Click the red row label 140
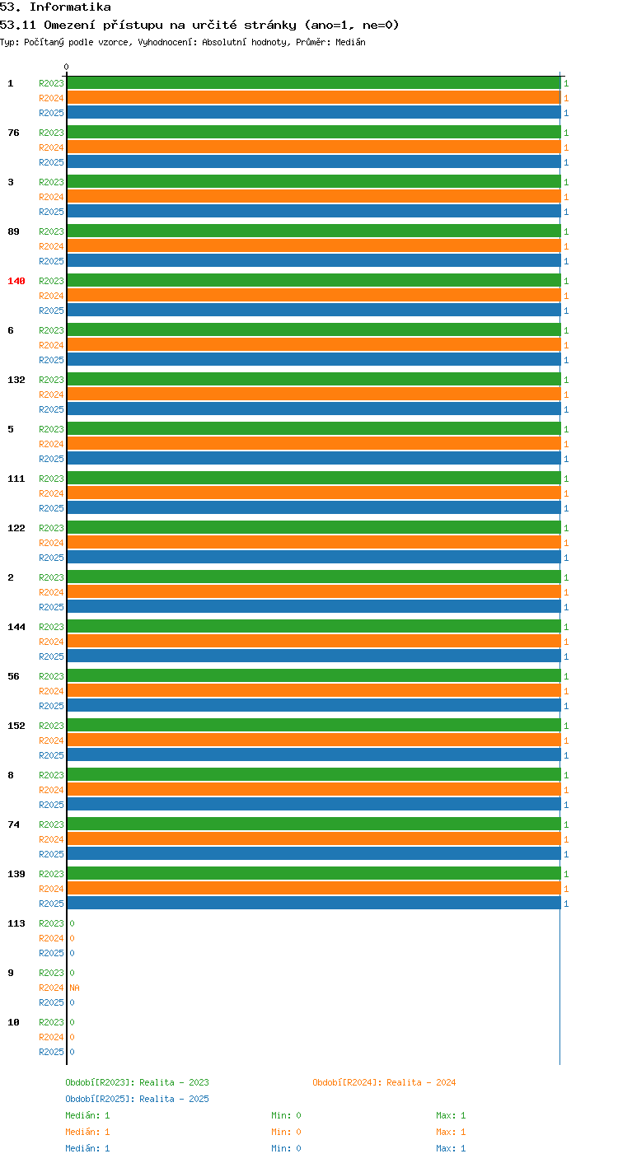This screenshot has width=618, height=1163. tap(16, 281)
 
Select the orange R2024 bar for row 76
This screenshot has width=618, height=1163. tap(314, 147)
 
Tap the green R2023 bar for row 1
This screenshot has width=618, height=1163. tap(314, 83)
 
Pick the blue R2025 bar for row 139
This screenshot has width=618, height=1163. tap(314, 903)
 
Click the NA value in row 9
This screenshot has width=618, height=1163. tap(74, 988)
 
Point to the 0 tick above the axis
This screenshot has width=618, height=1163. tap(66, 67)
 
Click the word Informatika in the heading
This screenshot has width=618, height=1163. tap(70, 7)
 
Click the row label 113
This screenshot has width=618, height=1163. tap(16, 923)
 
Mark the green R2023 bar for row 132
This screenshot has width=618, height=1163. tap(314, 379)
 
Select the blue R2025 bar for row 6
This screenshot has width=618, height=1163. tap(314, 359)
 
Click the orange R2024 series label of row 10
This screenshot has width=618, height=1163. tap(51, 1037)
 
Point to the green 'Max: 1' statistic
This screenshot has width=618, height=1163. tap(451, 1115)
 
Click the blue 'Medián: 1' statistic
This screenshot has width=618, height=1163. tap(87, 1148)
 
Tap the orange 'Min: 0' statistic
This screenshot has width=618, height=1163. tap(286, 1132)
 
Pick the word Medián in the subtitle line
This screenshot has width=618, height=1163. tap(350, 42)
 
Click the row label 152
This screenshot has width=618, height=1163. tap(16, 726)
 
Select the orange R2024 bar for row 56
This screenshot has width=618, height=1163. tap(314, 690)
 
